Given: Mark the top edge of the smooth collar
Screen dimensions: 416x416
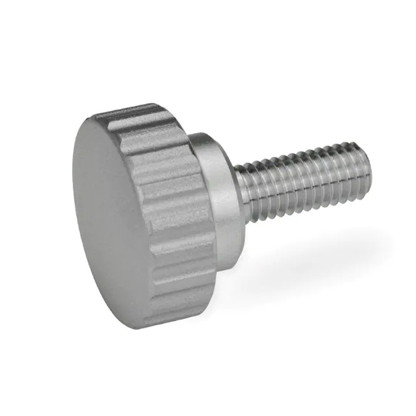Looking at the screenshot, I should click(208, 136).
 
